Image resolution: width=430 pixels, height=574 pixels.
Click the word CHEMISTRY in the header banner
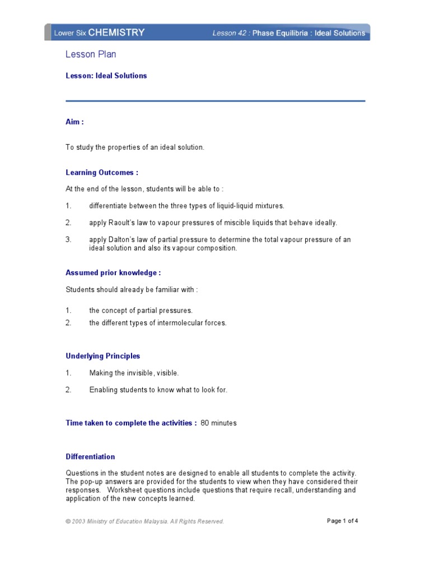coord(116,33)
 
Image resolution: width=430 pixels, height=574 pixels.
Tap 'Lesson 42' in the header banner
coord(230,33)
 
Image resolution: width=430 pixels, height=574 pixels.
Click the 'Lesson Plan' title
coord(91,54)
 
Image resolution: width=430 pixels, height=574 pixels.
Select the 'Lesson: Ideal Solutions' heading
coord(106,76)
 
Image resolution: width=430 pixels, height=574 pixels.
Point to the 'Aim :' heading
coord(75,122)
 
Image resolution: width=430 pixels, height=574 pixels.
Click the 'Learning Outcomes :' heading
coord(102,173)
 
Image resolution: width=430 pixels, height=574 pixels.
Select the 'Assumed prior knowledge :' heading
coord(113,272)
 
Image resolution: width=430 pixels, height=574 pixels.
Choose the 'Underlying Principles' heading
coord(103,356)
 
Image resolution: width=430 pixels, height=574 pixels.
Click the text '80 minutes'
coord(218,423)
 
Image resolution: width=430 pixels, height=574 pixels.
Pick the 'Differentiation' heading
coord(90,457)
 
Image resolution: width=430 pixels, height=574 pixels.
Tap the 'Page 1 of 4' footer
coord(342,521)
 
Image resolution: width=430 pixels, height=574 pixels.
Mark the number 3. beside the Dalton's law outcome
coord(69,239)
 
